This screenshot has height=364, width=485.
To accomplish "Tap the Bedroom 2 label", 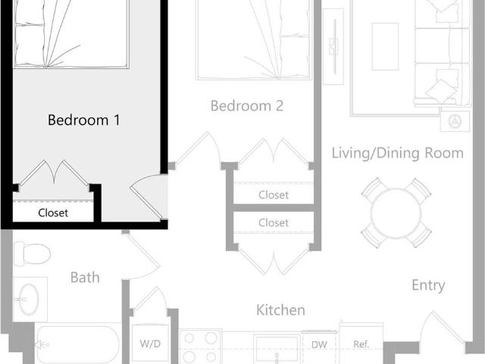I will pyautogui.click(x=246, y=106).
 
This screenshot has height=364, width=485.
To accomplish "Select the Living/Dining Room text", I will pyautogui.click(x=397, y=153).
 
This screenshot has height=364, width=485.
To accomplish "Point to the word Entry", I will pyautogui.click(x=428, y=286).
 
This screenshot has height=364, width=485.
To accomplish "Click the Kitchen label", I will pyautogui.click(x=280, y=310).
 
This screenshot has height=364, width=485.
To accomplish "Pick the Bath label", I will pyautogui.click(x=85, y=278).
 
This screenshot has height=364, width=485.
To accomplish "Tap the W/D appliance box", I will pyautogui.click(x=150, y=344).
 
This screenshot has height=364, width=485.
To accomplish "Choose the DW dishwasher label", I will pyautogui.click(x=319, y=344).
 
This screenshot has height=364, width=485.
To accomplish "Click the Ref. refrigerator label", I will pyautogui.click(x=361, y=344).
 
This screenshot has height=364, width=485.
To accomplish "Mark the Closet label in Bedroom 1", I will pyautogui.click(x=53, y=213).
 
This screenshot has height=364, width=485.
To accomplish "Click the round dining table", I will pyautogui.click(x=396, y=212).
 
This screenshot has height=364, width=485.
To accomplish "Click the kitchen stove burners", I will pyautogui.click(x=201, y=347).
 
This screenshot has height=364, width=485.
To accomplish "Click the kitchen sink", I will pyautogui.click(x=277, y=349).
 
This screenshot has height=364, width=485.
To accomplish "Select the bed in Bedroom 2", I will pyautogui.click(x=254, y=38).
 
